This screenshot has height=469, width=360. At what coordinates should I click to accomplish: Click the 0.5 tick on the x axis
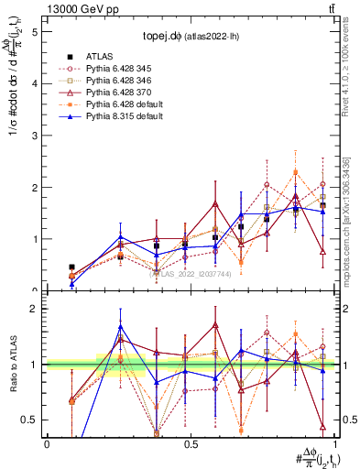coord(191,444)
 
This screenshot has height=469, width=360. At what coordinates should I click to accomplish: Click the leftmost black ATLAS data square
coord(71,267)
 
